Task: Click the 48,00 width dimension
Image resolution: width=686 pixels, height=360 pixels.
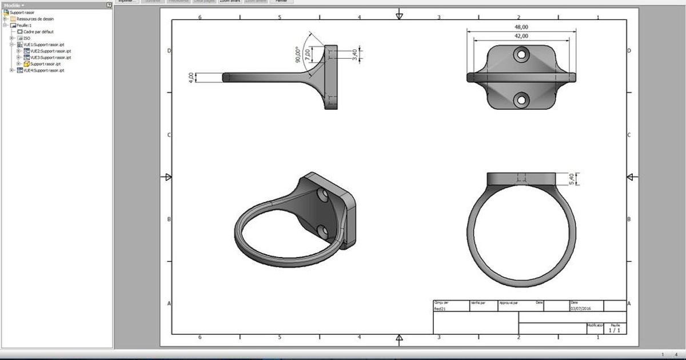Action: [x=520, y=27]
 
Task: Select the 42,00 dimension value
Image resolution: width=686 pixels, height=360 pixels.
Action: [x=520, y=35]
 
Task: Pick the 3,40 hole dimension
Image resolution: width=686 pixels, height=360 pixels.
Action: [x=354, y=54]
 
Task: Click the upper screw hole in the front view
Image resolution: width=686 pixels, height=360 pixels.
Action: [x=520, y=55]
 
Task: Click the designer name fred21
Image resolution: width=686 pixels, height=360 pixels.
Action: [x=440, y=309]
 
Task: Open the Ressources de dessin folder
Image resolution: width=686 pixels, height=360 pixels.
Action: [x=35, y=19]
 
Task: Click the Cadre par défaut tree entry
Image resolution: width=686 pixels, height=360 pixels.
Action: [x=38, y=31]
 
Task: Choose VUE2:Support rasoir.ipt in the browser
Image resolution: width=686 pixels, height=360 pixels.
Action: [x=50, y=51]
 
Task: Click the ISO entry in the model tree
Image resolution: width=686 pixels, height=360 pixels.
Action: [x=26, y=38]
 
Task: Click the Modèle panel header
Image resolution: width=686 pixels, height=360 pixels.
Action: [x=14, y=5]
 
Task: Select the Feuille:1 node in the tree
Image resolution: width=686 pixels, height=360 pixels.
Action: [x=24, y=25]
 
